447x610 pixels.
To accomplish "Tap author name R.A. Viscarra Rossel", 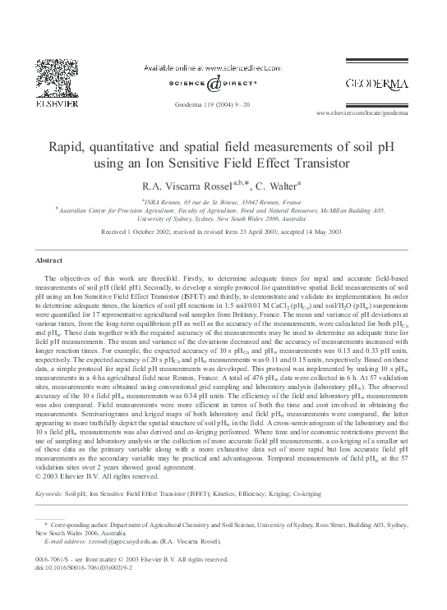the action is pos(188,186).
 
